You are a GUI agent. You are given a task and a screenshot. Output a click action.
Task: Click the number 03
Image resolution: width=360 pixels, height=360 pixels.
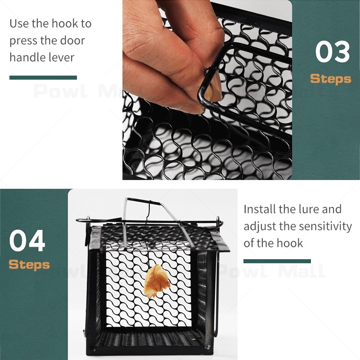coord(333,51)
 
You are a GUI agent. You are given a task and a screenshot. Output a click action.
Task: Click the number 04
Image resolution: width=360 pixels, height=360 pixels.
coord(27,240)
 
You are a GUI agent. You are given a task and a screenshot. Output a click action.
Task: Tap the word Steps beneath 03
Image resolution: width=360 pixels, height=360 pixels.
coord(331,79)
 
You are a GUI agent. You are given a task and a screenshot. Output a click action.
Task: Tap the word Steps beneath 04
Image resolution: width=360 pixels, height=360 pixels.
coord(29,265)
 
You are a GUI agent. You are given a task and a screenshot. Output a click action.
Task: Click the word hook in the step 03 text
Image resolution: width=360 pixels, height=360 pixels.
coord(65,23)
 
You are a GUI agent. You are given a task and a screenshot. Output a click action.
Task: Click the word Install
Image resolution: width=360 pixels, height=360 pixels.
coord(260,209)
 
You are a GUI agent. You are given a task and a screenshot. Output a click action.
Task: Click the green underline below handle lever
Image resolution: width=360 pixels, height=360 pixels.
coord(43,77)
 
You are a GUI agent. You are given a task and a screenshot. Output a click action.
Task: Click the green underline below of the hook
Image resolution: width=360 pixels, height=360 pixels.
coord(277,261)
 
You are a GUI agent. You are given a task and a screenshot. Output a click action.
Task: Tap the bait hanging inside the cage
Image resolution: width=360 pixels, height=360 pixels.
coord(157,281)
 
